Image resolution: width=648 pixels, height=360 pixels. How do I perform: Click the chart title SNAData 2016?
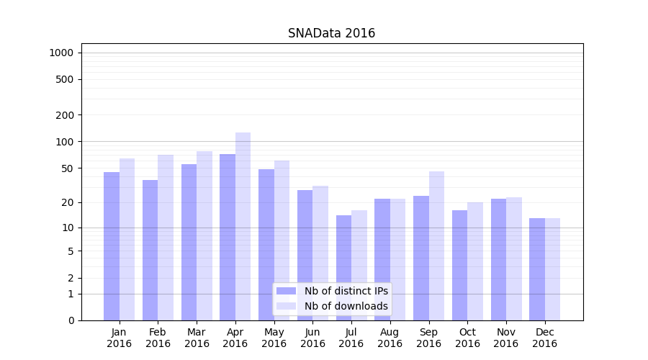(x=331, y=33)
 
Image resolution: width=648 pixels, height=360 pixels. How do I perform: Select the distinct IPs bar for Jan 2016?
(x=112, y=245)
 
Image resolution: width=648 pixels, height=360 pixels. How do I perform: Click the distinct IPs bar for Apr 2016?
(x=228, y=238)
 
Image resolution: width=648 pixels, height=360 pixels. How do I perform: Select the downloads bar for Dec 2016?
(x=552, y=269)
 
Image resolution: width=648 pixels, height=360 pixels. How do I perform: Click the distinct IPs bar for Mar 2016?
(x=189, y=241)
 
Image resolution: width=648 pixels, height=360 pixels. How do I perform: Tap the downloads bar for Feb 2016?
(x=166, y=238)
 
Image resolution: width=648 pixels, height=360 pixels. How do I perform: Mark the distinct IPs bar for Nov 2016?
(x=498, y=259)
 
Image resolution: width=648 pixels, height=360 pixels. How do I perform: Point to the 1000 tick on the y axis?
(x=60, y=53)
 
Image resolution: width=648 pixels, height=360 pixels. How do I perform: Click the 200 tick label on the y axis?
(x=65, y=115)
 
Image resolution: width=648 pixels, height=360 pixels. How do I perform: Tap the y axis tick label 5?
(x=71, y=251)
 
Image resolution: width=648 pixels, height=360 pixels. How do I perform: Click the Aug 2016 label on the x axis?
(x=390, y=338)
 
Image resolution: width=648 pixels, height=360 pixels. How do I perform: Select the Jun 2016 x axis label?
(x=312, y=338)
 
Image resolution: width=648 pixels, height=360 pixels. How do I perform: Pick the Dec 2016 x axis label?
(x=544, y=338)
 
